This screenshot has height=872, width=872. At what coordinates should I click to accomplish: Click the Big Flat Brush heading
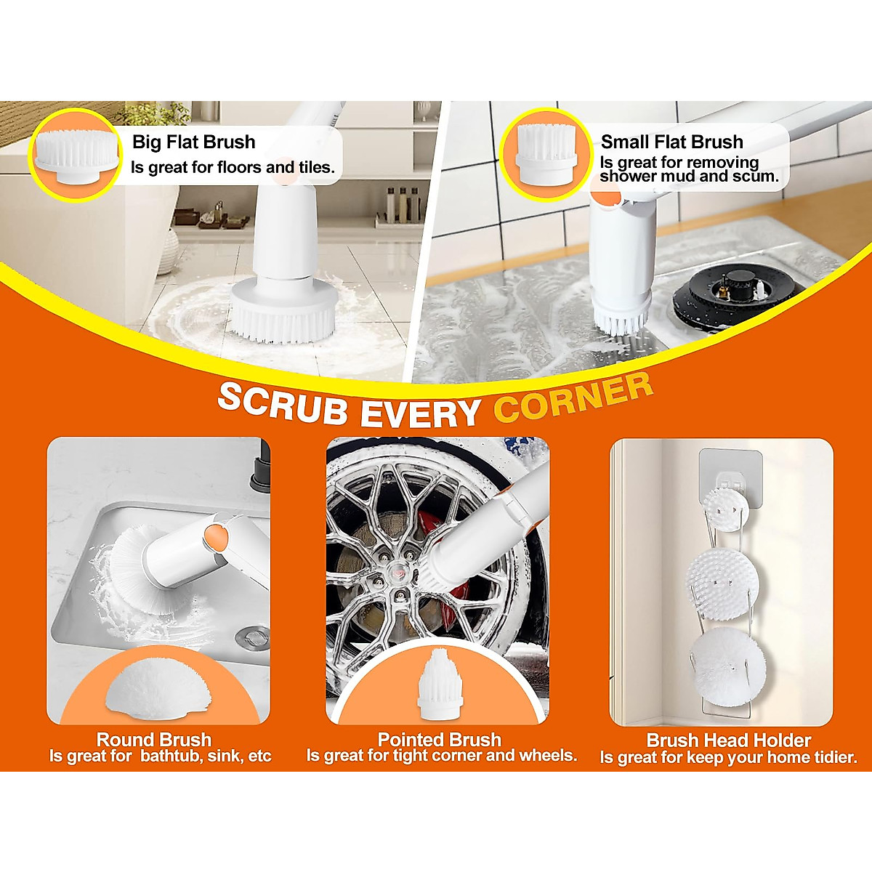click(193, 142)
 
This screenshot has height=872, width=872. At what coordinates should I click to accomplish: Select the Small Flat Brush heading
click(671, 142)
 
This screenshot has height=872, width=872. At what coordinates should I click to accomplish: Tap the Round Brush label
click(154, 740)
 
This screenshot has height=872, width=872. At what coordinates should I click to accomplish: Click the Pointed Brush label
click(439, 740)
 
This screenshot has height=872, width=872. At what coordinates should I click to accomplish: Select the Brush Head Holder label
click(728, 740)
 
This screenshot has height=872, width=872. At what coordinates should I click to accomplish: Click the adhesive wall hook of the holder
click(730, 472)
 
